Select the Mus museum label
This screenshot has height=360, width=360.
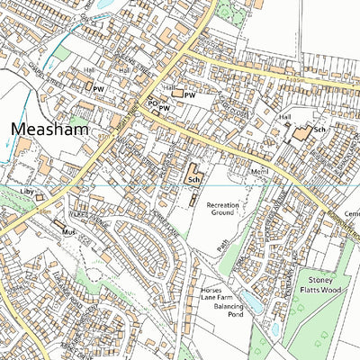(65, 231)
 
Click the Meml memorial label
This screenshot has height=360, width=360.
(235, 171)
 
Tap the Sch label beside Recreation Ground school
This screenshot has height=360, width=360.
(193, 180)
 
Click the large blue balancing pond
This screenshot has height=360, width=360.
(253, 307)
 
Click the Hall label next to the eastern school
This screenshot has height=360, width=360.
(286, 117)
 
